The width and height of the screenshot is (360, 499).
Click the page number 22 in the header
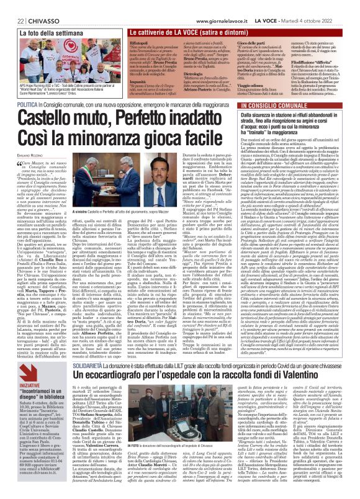(x=12, y=5)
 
